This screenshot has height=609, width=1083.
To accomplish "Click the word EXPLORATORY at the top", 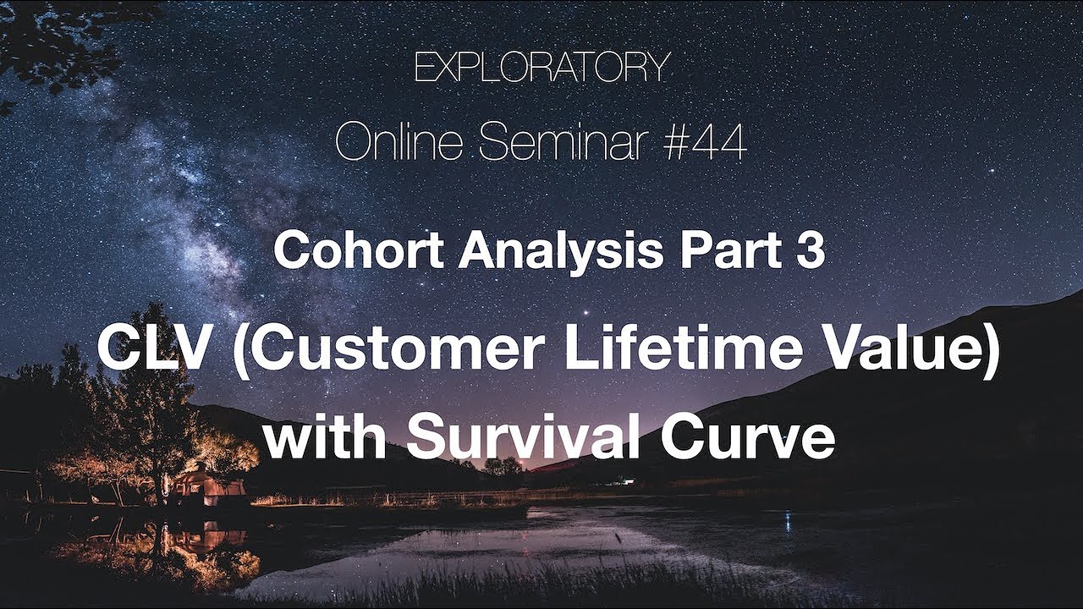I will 541,69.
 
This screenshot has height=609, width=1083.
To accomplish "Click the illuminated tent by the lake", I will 208,487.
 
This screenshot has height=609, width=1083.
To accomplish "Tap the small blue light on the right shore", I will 788,522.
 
